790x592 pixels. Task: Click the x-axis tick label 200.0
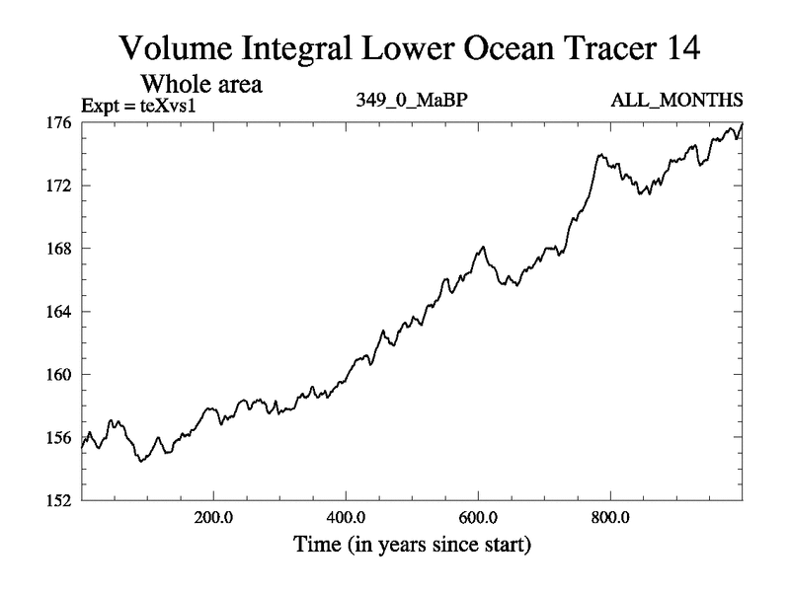pyautogui.click(x=214, y=516)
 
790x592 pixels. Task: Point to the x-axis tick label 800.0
pyautogui.click(x=610, y=516)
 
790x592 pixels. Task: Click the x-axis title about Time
pyautogui.click(x=411, y=544)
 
